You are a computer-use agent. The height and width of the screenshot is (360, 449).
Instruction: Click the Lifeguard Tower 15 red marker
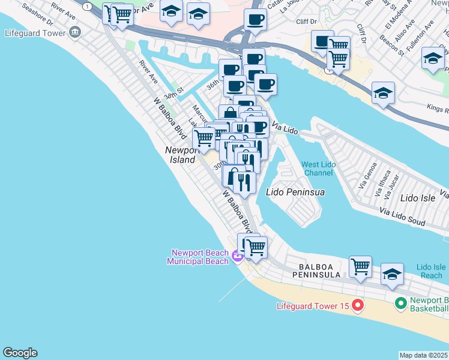[x=358, y=306]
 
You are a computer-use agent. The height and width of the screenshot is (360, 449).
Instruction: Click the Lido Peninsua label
[x=295, y=192]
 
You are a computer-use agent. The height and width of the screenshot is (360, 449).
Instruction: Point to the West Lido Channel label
[x=318, y=169]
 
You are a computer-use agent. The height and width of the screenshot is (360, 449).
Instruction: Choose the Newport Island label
[x=181, y=155]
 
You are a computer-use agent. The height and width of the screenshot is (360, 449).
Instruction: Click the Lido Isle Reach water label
[x=431, y=271]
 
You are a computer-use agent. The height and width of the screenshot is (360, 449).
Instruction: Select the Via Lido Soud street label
[x=402, y=216]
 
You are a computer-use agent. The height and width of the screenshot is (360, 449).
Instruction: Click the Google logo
[x=20, y=353]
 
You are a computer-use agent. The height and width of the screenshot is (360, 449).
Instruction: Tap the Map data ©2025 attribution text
[x=423, y=355]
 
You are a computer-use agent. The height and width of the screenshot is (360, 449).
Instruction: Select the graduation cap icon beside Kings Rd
[x=383, y=93]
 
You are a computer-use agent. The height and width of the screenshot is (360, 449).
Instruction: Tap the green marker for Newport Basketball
[x=400, y=304]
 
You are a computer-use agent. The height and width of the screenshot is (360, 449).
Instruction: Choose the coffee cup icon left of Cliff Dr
[x=255, y=19]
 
